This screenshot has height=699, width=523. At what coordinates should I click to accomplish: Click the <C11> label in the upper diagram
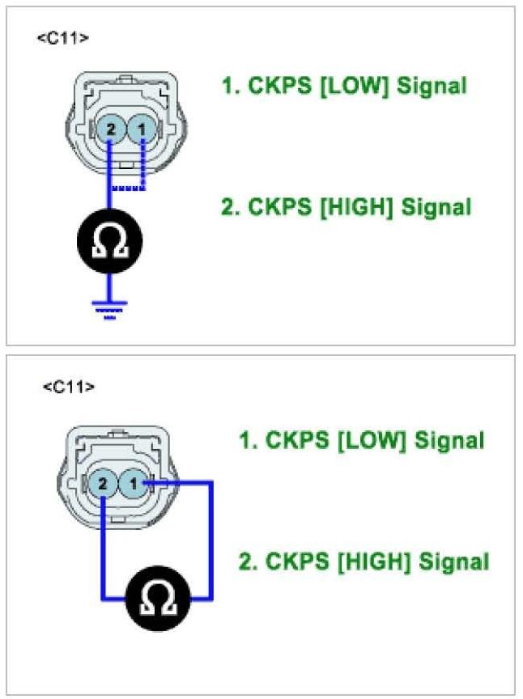(63, 38)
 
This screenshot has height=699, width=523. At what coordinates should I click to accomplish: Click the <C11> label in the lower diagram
(68, 387)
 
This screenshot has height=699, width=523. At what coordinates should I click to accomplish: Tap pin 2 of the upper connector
(111, 129)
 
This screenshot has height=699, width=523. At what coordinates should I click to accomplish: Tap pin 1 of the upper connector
(142, 129)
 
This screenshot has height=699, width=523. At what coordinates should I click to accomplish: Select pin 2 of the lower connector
(104, 485)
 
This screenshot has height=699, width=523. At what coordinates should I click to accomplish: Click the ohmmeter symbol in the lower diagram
(159, 598)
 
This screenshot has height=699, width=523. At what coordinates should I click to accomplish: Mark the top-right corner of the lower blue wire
(211, 483)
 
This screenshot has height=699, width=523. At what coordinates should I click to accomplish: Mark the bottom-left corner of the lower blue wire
(104, 599)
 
